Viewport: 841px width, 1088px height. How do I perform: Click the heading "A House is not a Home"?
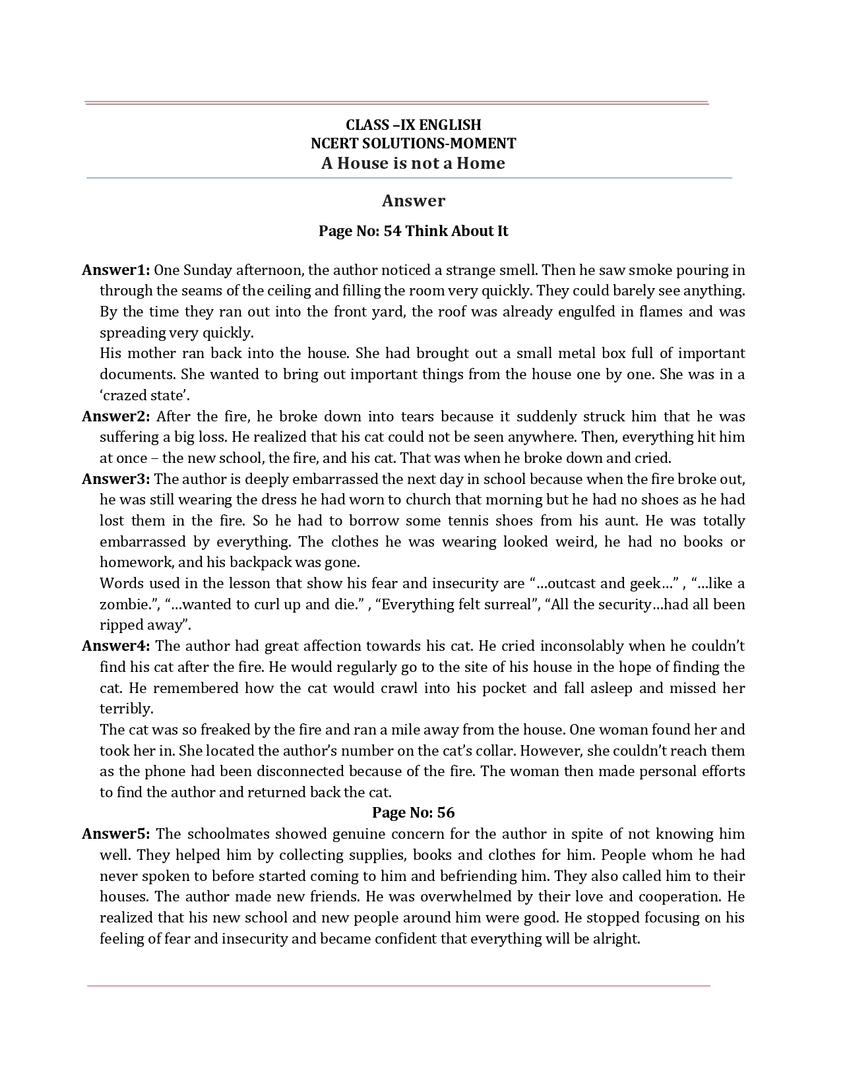click(413, 164)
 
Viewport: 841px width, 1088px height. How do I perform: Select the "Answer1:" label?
click(115, 270)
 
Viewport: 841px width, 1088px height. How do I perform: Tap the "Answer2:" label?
click(115, 416)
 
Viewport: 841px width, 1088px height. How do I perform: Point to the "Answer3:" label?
click(115, 479)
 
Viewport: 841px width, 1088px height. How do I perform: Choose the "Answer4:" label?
click(115, 646)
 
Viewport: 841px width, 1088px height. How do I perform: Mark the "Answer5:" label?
click(115, 833)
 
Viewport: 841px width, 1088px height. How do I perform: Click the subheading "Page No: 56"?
click(413, 812)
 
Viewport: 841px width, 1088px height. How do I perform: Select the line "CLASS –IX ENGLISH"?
click(413, 125)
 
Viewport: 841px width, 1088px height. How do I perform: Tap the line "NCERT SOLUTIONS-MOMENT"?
click(413, 143)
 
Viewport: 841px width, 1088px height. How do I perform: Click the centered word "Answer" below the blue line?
click(413, 200)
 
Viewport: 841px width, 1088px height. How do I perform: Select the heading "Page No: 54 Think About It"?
click(413, 231)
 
